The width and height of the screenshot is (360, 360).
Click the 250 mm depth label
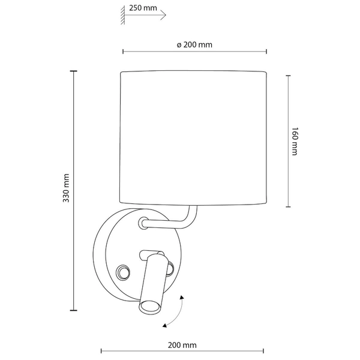(x=143, y=9)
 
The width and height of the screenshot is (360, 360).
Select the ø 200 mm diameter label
(x=195, y=45)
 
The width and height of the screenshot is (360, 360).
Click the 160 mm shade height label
(x=295, y=142)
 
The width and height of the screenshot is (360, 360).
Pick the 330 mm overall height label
(x=67, y=189)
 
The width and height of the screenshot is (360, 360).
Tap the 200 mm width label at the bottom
(x=182, y=345)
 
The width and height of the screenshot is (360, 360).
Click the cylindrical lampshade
(x=193, y=138)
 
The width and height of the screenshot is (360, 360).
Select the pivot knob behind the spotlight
(x=169, y=265)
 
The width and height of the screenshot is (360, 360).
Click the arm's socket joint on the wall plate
(x=143, y=224)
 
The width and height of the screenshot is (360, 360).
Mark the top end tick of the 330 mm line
(x=74, y=71)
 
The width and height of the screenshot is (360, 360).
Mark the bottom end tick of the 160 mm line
(x=289, y=206)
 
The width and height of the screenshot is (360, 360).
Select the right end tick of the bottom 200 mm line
(x=263, y=350)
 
